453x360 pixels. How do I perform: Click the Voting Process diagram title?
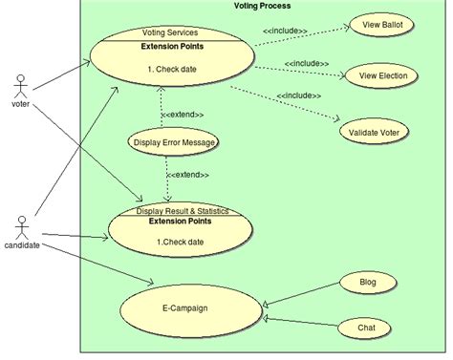[x=262, y=6]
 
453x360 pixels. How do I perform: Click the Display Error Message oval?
[x=173, y=143]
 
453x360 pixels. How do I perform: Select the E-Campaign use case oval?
[x=184, y=308]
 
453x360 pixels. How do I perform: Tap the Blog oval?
[x=367, y=283]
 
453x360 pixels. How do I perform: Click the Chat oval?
[x=367, y=328]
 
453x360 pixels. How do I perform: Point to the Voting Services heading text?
[x=169, y=32]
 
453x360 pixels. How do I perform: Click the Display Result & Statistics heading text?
[x=182, y=210]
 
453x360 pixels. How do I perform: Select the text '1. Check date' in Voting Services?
[x=172, y=69]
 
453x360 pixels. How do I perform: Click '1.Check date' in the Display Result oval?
[x=181, y=242]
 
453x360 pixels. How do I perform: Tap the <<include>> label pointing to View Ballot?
[x=285, y=31]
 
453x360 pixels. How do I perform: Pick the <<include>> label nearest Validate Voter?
[x=299, y=95]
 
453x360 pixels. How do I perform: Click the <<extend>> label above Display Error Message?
[x=182, y=115]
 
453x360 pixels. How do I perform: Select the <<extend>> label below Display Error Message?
[x=187, y=175]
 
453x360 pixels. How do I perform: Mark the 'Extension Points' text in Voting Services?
[x=172, y=45]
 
